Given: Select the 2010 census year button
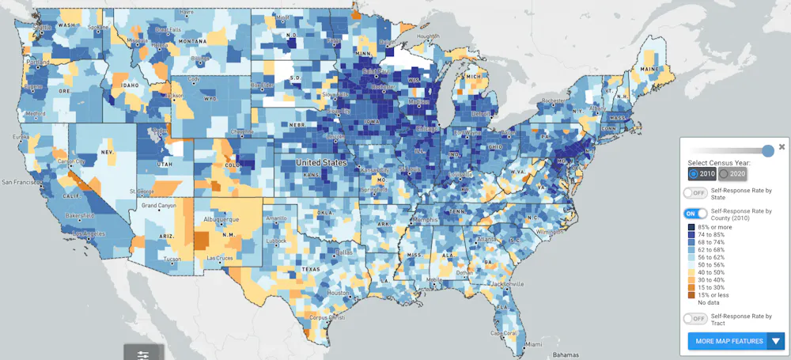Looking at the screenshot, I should [x=702, y=173].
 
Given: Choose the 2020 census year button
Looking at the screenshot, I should [x=732, y=173].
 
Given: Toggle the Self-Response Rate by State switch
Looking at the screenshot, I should [x=694, y=192].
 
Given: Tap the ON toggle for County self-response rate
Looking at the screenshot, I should [x=694, y=214].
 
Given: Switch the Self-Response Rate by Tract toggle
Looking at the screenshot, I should [x=694, y=318].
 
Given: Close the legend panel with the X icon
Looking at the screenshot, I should [x=782, y=146].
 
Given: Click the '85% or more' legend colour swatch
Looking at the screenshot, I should [x=691, y=227].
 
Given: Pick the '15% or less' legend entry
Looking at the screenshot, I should [x=691, y=294].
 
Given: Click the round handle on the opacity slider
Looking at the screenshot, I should [x=767, y=151].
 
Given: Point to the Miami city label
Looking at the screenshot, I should [x=534, y=344].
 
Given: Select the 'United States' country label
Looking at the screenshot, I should [x=321, y=162].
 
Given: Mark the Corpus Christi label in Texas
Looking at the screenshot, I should [x=327, y=317].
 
